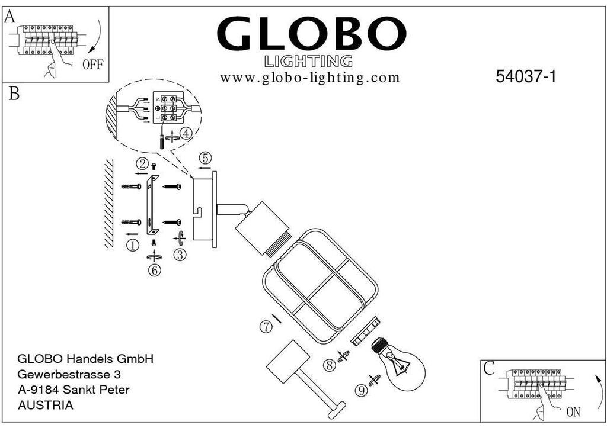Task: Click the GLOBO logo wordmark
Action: click(x=312, y=33)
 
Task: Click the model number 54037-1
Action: click(x=526, y=76)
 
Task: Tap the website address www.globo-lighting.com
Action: click(x=309, y=78)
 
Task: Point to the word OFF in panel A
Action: click(x=93, y=64)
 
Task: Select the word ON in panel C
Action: click(x=573, y=412)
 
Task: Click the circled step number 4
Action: click(x=186, y=134)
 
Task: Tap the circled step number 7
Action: click(x=266, y=327)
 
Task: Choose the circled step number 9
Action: click(x=362, y=391)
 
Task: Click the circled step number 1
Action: click(x=133, y=245)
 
